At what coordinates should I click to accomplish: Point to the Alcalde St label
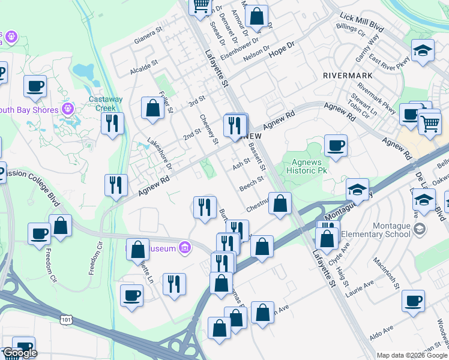click(x=144, y=68)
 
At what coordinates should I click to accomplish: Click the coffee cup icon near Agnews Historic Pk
click(x=336, y=145)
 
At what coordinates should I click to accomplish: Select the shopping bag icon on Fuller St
click(x=153, y=108)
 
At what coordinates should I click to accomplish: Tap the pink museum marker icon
click(x=184, y=247)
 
